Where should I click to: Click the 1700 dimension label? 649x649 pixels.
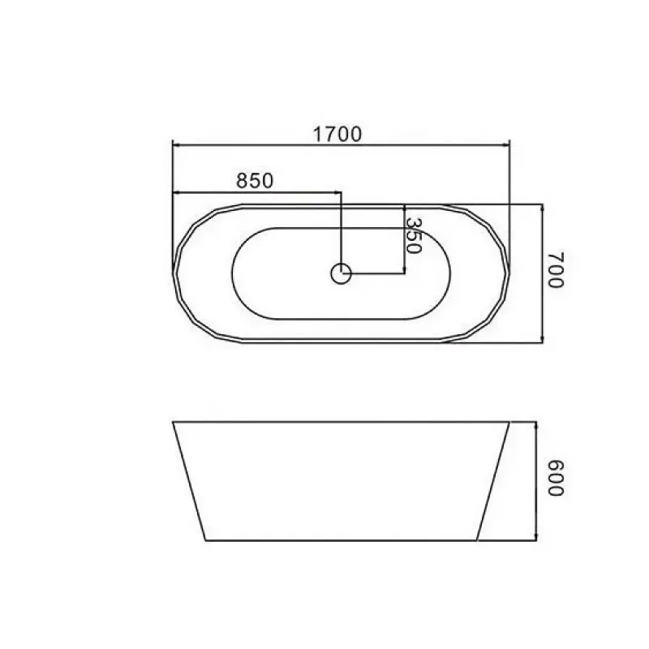pos(337,134)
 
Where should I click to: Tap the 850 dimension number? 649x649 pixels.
pos(255,180)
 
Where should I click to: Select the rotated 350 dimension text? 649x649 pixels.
pos(413,235)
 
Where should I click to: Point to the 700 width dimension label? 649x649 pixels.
pos(556,269)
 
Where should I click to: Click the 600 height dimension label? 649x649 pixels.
pos(556,478)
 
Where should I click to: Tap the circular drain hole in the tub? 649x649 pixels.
pos(341,273)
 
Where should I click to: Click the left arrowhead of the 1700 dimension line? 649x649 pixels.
pos(175,145)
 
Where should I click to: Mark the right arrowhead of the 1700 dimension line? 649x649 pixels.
pos(506,145)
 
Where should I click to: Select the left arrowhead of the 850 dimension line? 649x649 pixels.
pos(175,192)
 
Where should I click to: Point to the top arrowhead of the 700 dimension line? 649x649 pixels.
pos(542,208)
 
